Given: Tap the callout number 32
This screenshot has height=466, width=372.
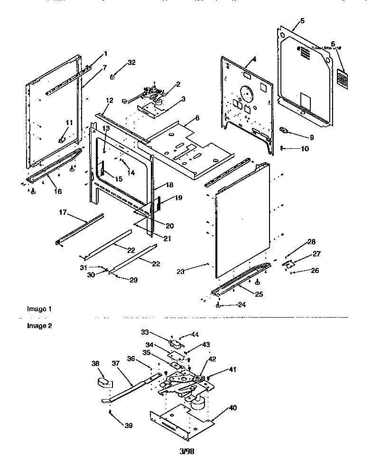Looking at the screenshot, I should tap(132, 62).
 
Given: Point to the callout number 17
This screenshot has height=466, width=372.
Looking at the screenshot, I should tap(62, 213).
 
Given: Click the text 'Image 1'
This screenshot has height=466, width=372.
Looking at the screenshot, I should tap(39, 309).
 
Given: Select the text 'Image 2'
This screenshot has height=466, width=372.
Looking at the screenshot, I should tap(39, 326).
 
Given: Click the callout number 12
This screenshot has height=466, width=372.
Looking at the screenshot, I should tap(109, 101).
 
